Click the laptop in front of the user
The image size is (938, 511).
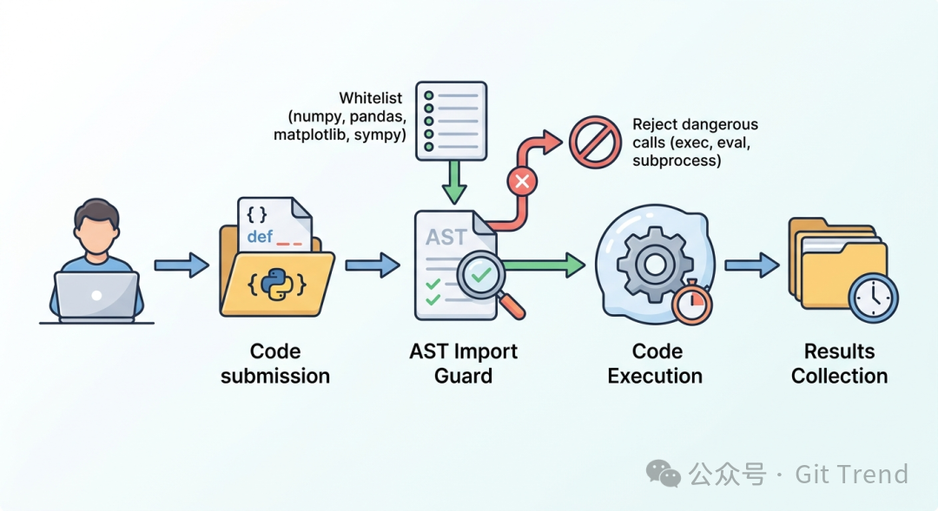pyautogui.click(x=96, y=295)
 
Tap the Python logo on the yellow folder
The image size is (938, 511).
pyautogui.click(x=275, y=284)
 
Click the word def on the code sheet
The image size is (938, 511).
pyautogui.click(x=260, y=236)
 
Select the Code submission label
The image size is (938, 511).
pyautogui.click(x=275, y=364)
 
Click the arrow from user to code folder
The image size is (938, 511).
pyautogui.click(x=181, y=265)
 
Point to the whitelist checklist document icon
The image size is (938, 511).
pyautogui.click(x=451, y=121)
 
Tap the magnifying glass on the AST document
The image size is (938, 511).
pyautogui.click(x=486, y=281)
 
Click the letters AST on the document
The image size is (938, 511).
pyautogui.click(x=446, y=237)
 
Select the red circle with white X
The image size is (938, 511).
pyautogui.click(x=522, y=181)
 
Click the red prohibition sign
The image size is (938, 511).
pyautogui.click(x=595, y=142)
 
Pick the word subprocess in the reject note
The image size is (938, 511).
pyautogui.click(x=677, y=161)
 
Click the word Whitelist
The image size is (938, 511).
pyautogui.click(x=371, y=98)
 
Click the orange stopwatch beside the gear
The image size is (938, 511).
pyautogui.click(x=692, y=301)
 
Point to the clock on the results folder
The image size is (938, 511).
pyautogui.click(x=872, y=298)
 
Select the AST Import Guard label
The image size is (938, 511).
pyautogui.click(x=463, y=364)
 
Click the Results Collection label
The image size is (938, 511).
pyautogui.click(x=839, y=364)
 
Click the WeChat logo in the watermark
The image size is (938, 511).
pyautogui.click(x=664, y=474)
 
